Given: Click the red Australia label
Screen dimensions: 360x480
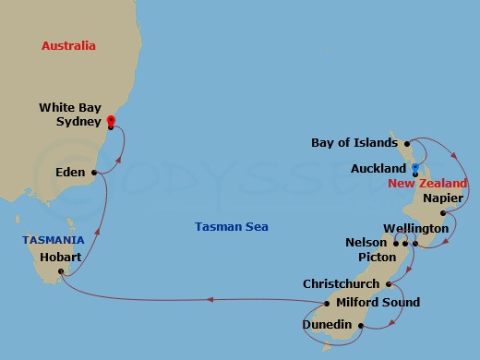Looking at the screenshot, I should (x=69, y=45).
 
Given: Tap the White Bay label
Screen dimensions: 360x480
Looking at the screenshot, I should (x=69, y=108).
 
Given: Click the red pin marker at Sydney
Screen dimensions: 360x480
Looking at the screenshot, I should (x=111, y=120).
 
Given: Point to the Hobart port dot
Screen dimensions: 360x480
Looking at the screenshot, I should (x=61, y=271).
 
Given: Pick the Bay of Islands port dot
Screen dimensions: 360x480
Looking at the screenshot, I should (x=406, y=144).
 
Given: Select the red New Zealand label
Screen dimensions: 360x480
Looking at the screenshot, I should (x=427, y=184).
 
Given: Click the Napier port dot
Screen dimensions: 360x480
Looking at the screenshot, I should (x=444, y=213).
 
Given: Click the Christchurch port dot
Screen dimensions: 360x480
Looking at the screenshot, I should (x=390, y=284).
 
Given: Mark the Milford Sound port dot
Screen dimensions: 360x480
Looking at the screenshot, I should (x=329, y=303).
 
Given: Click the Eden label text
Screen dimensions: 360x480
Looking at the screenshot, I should (x=70, y=173).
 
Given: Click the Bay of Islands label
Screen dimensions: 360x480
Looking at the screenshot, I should (x=354, y=144).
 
